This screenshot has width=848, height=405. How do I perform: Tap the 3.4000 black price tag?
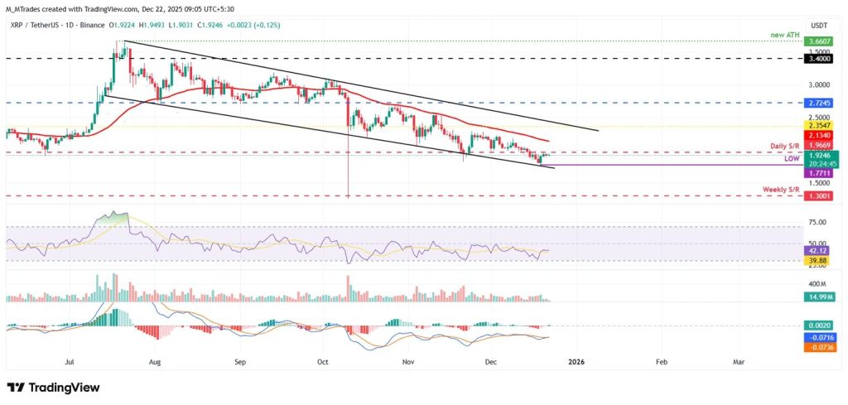coord(819,60)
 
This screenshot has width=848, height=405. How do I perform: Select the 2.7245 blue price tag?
coord(819,104)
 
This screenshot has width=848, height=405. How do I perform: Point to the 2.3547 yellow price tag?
coord(819,126)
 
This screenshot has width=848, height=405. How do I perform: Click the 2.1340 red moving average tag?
coord(819,134)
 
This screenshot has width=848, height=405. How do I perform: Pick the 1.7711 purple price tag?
coord(819,173)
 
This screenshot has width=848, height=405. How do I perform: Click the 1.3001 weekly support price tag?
coord(819,196)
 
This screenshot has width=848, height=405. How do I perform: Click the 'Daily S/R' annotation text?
coord(784,146)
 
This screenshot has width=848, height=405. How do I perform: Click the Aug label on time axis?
coord(153,362)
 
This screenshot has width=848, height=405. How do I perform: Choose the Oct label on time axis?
coord(324,362)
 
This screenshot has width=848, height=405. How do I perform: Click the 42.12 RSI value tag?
coord(819,250)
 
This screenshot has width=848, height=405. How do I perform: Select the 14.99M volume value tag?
coord(819,296)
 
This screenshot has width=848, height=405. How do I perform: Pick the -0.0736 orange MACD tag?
coord(819,347)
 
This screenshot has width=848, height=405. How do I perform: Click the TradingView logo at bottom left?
coord(53,388)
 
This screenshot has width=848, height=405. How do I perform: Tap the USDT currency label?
coord(819,27)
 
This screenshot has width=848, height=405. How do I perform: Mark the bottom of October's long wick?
coord(349,197)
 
